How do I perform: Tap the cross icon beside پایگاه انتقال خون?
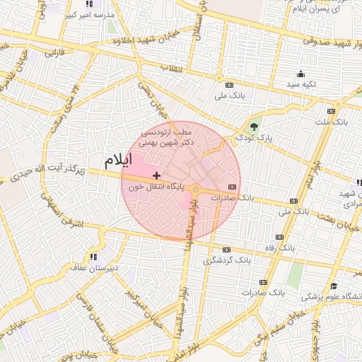(x=156, y=175)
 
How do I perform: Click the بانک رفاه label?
(x=296, y=248)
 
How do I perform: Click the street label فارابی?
(x=54, y=52)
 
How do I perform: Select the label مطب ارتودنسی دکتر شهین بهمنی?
(x=166, y=137)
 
